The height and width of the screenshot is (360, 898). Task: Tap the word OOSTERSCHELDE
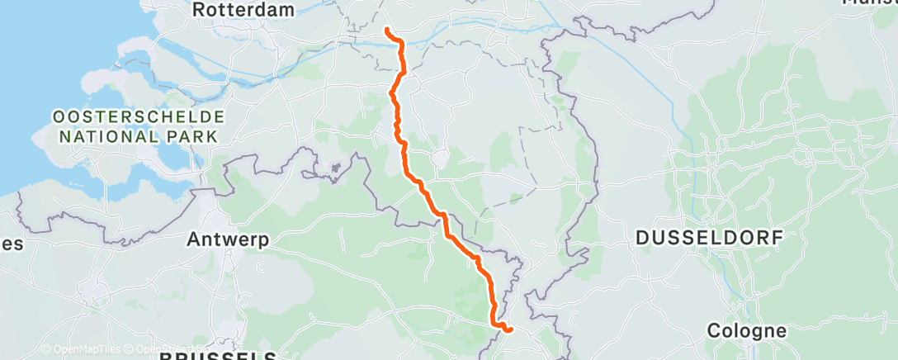138,116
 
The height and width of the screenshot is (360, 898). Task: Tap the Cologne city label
747,331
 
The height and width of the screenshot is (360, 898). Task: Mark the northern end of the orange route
386,31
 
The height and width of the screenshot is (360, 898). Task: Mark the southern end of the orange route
511,330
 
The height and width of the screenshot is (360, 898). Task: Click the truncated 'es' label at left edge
12,244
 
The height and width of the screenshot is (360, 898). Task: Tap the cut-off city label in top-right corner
871,2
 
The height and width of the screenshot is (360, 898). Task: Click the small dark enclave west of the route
335,169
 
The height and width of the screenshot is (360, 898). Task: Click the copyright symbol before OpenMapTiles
46,349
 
